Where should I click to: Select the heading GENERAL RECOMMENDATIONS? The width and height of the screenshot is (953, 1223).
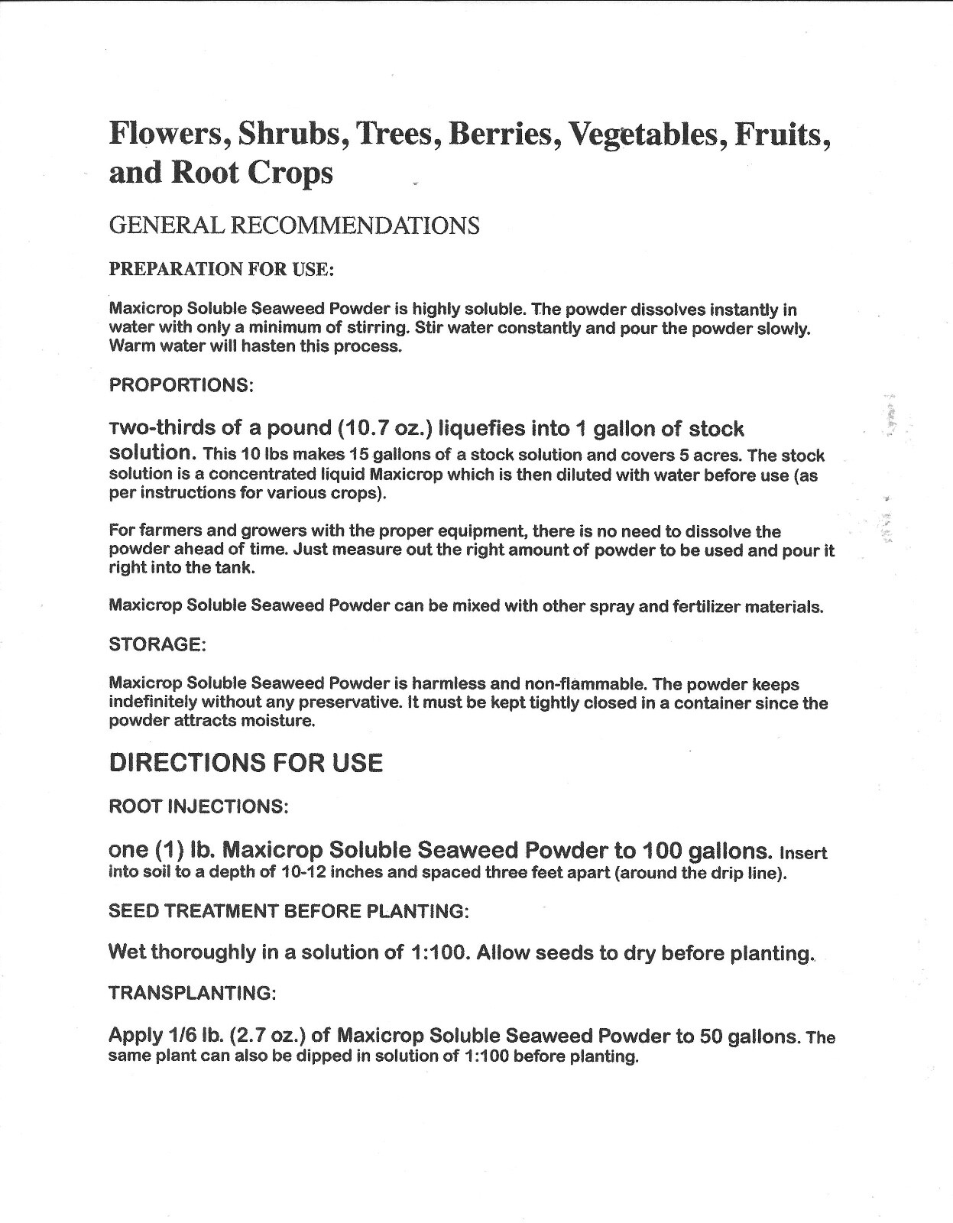pyautogui.click(x=294, y=225)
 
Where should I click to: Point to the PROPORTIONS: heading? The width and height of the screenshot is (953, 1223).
pyautogui.click(x=181, y=384)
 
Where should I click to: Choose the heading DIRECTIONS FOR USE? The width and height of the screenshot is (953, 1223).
pyautogui.click(x=246, y=763)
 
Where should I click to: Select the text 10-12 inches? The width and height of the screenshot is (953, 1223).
pyautogui.click(x=327, y=873)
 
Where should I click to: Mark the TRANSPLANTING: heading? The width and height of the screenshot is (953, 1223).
pyautogui.click(x=192, y=993)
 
